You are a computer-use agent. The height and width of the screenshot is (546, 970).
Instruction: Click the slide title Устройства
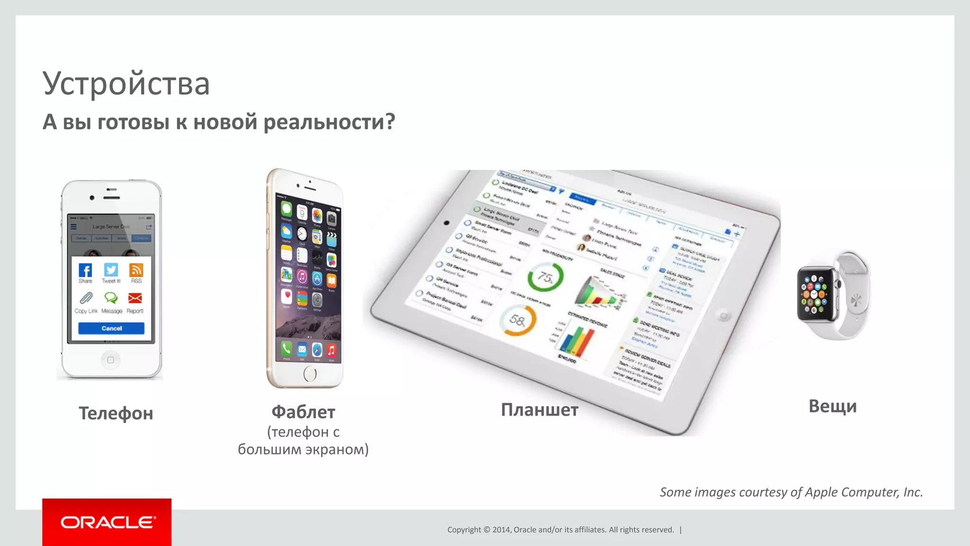click(126, 83)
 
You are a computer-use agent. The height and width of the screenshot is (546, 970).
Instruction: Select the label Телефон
click(116, 413)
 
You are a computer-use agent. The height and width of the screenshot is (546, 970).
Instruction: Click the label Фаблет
click(303, 412)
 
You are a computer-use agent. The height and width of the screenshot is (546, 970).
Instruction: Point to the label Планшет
click(539, 409)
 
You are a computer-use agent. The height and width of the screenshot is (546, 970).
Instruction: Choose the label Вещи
click(833, 406)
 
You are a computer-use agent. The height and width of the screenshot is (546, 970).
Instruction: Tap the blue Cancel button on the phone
click(111, 328)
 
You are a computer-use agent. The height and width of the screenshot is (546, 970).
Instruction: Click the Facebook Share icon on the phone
click(85, 271)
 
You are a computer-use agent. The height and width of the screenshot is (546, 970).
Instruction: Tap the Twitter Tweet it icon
click(111, 270)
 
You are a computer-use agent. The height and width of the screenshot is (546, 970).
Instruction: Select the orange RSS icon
click(136, 270)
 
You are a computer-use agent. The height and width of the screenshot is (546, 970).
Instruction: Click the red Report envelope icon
click(135, 298)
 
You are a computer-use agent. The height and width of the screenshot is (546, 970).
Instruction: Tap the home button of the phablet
click(310, 374)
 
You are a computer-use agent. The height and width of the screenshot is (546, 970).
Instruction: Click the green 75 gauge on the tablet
click(545, 277)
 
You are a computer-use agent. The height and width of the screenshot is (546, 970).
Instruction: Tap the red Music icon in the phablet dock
click(331, 350)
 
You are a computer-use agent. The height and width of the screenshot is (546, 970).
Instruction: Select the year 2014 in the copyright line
click(501, 529)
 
